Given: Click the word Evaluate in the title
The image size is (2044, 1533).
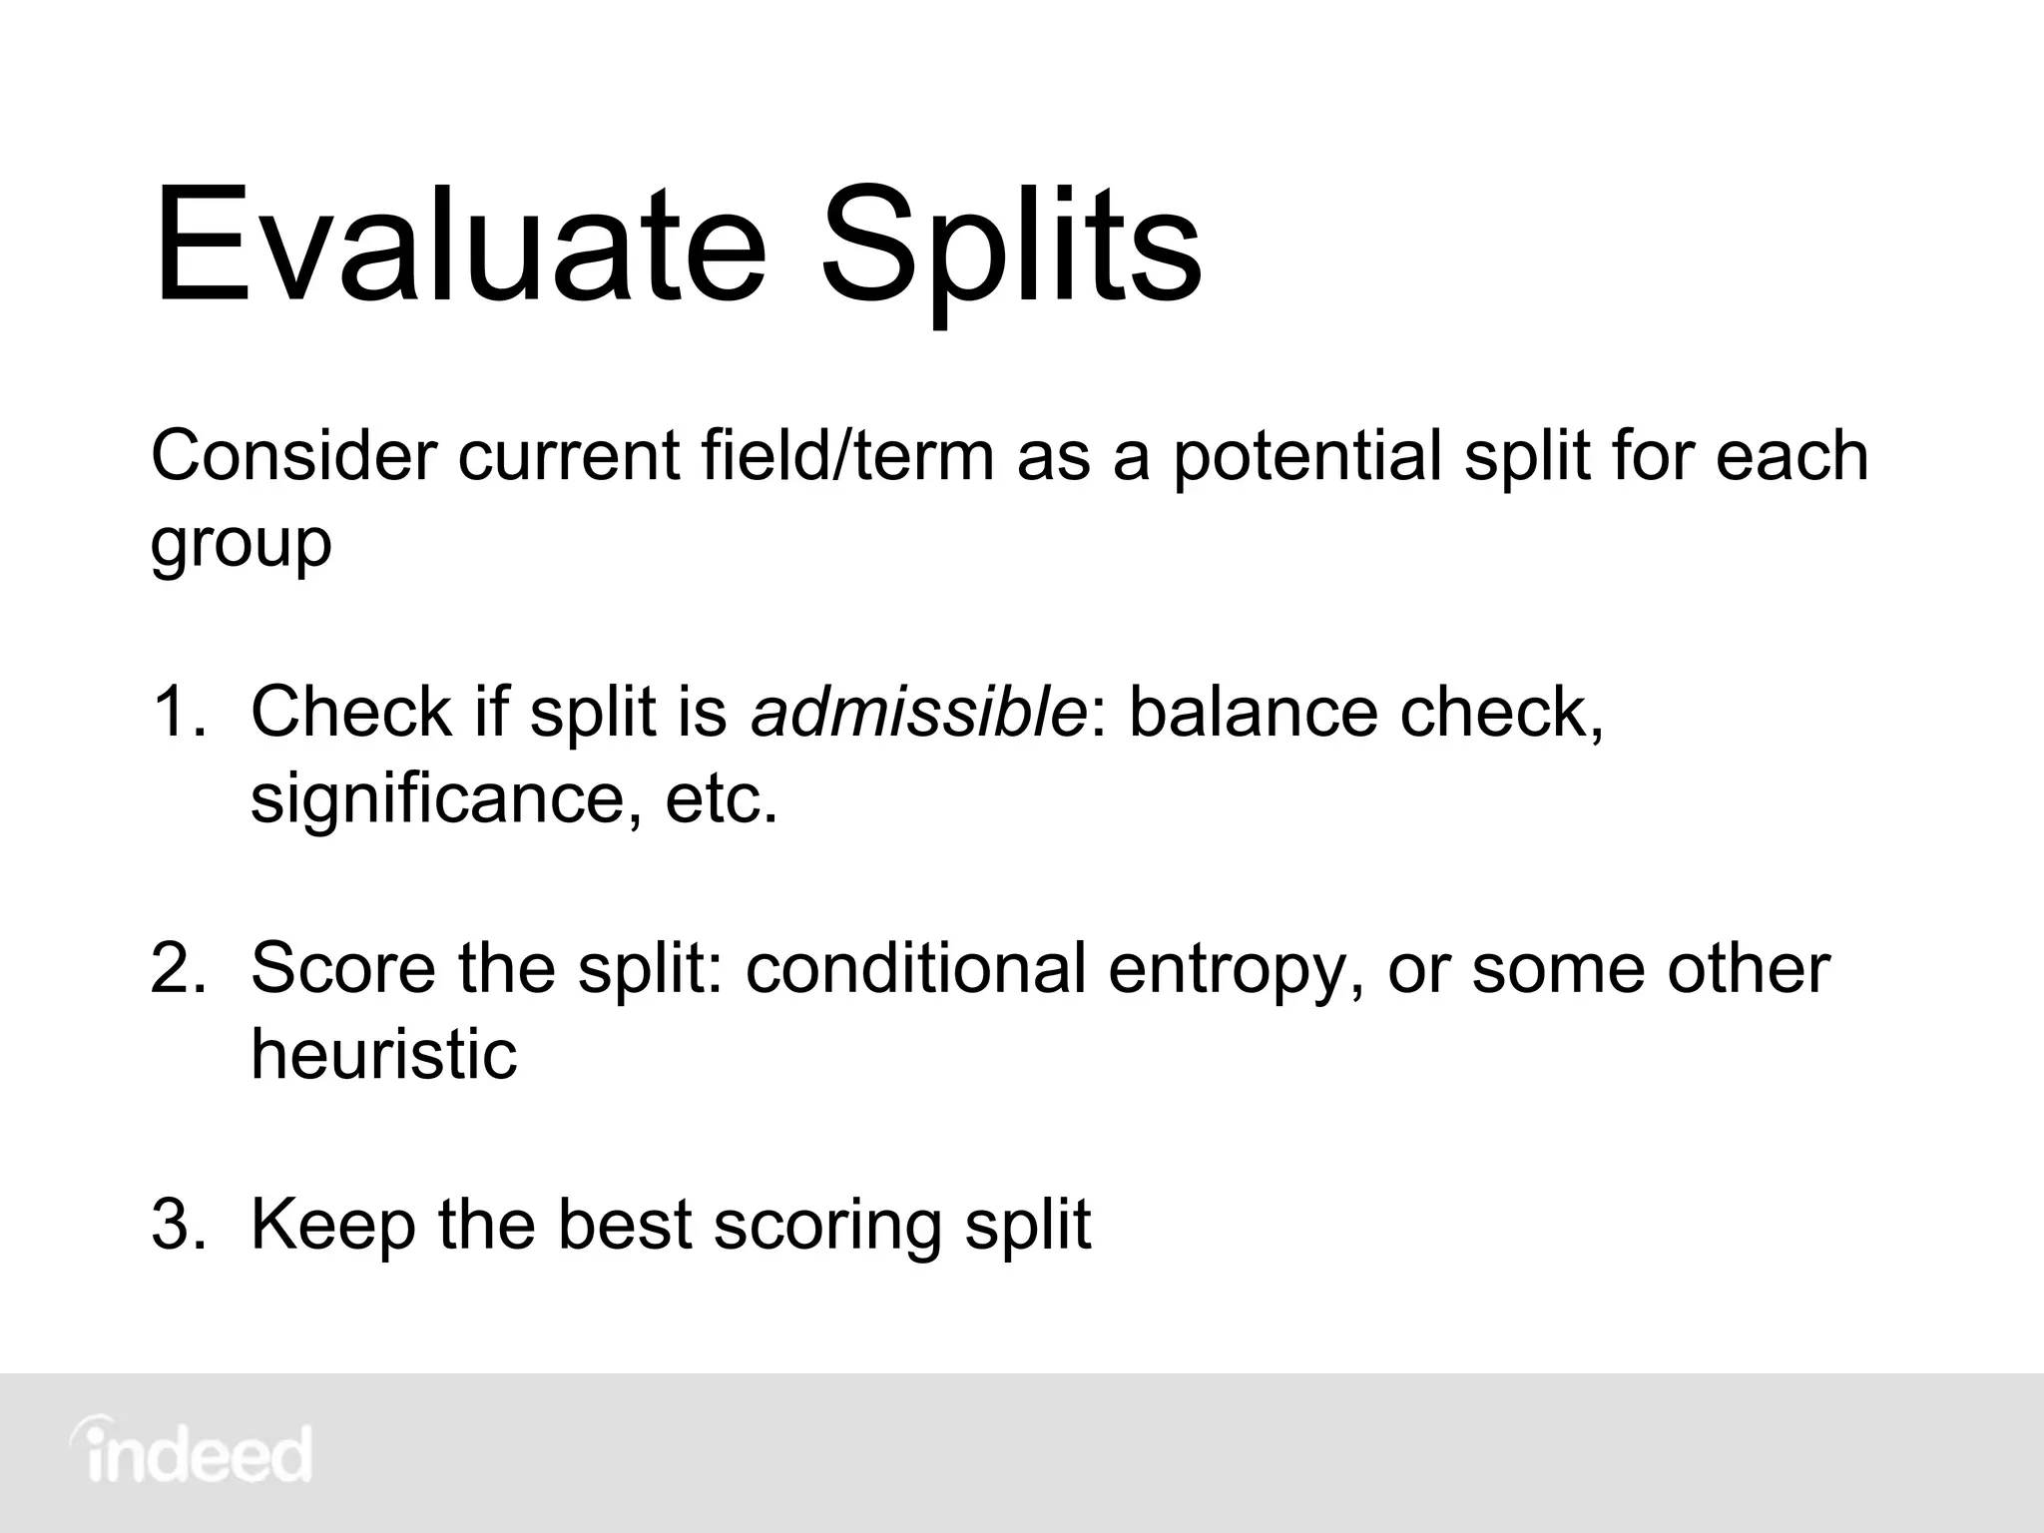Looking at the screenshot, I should coord(459,245).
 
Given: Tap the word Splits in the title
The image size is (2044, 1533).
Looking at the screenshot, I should coord(1010,250).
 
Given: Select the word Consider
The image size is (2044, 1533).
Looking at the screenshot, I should coord(293,456).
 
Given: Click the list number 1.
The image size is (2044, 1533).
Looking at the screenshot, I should coord(178,713).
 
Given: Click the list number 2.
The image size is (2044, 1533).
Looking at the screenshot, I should coord(180,969).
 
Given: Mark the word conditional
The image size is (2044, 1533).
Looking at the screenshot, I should coord(915,969).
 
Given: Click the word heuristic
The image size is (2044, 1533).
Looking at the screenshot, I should coord(383,1055).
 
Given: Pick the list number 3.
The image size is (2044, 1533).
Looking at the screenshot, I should coord(180,1225).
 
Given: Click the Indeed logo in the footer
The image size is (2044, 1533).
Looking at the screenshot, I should coord(191,1452).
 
